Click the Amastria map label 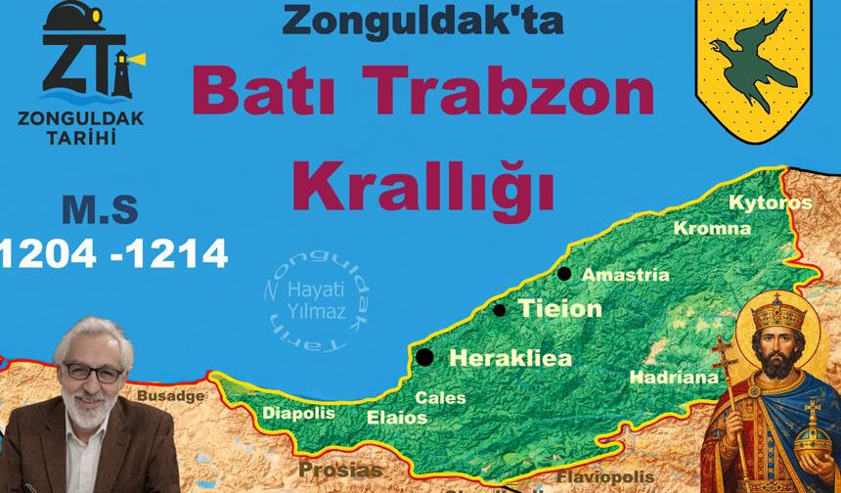(626, 276)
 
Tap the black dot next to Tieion (500, 310)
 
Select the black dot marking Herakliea (424, 357)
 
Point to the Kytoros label (771, 202)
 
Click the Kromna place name (712, 229)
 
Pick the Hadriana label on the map (673, 377)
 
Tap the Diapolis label (298, 413)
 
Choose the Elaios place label (397, 418)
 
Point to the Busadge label (171, 396)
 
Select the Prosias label (340, 471)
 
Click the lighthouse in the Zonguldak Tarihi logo (121, 70)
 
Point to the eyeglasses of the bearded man (94, 372)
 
